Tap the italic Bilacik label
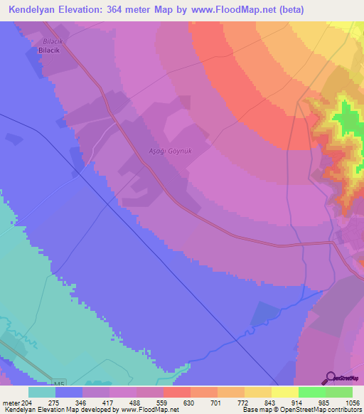(x=48, y=41)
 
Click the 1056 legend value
(x=343, y=402)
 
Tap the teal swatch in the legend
(x=42, y=392)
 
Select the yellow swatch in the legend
(x=284, y=392)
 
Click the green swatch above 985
(x=311, y=392)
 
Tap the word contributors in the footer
(x=344, y=410)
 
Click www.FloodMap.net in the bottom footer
(x=149, y=410)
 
